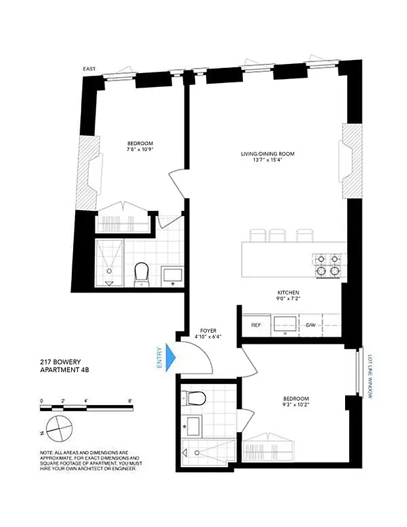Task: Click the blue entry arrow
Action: pos(171,358)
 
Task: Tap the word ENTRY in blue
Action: pos(159,358)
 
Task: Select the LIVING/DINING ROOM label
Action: pos(267,154)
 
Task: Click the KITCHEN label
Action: pos(288,292)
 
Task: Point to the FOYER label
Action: pos(208,331)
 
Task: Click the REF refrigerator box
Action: pos(255,325)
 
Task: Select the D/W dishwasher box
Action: pos(311,325)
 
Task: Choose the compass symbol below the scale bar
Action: pos(59,428)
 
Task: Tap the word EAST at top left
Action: pos(90,69)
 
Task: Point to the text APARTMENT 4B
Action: pos(65,370)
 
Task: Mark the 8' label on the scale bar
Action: pos(130,400)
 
